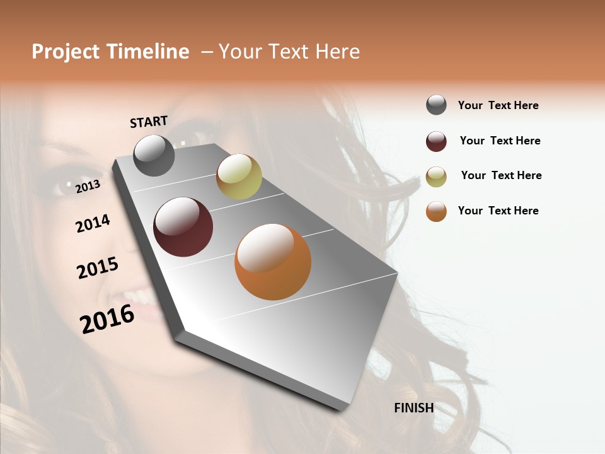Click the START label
149,122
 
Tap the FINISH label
413,408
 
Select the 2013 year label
88,186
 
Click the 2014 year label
93,223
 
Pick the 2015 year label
98,268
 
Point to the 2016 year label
107,318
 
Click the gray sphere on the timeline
154,155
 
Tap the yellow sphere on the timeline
239,177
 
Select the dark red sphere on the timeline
183,227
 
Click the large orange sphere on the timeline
273,262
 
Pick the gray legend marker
436,105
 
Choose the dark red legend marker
436,141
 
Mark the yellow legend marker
436,177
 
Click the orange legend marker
436,211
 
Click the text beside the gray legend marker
498,105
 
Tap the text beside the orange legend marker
498,211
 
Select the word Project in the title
66,52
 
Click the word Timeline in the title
147,52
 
